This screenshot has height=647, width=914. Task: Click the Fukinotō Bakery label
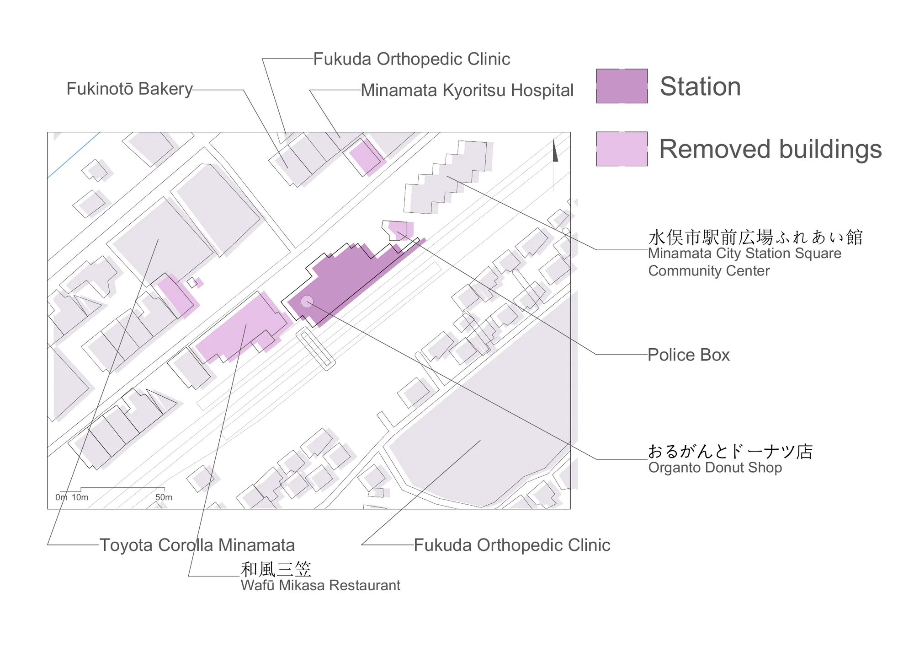(x=129, y=89)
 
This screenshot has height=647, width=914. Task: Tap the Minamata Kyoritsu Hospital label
(x=467, y=91)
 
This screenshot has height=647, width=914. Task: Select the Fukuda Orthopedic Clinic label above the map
(x=412, y=59)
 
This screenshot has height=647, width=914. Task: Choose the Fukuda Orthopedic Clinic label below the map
(x=512, y=545)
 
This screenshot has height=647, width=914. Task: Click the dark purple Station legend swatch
(x=622, y=86)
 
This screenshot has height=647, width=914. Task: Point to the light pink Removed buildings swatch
(x=622, y=149)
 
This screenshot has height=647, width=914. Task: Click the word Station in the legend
(x=700, y=86)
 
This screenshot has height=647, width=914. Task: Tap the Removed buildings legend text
(x=771, y=149)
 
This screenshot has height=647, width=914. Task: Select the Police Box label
(x=689, y=355)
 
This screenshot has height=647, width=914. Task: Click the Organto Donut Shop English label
(x=715, y=468)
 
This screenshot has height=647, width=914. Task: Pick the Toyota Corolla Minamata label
(x=197, y=545)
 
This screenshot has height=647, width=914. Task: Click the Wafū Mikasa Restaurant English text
(x=320, y=585)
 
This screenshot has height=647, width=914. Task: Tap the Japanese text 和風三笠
(x=276, y=569)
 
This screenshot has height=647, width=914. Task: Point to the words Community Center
(x=709, y=271)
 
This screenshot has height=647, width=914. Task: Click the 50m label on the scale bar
(x=164, y=497)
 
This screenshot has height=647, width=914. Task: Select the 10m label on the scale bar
(x=80, y=497)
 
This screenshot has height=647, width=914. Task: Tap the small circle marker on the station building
(x=307, y=302)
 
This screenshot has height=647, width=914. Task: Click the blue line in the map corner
(x=74, y=155)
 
